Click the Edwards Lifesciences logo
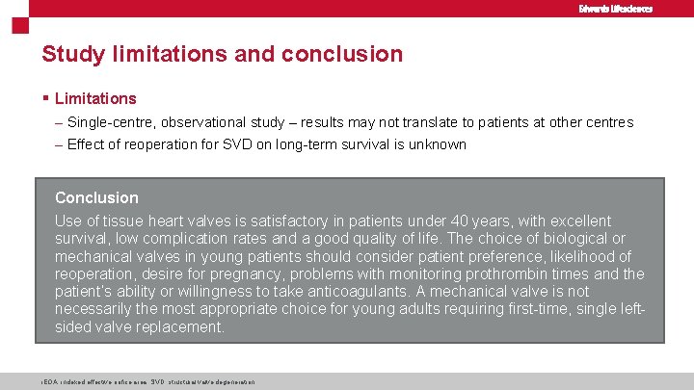click(615, 9)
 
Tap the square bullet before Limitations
click(46, 98)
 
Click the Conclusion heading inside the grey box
click(96, 197)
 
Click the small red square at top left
click(18, 26)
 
